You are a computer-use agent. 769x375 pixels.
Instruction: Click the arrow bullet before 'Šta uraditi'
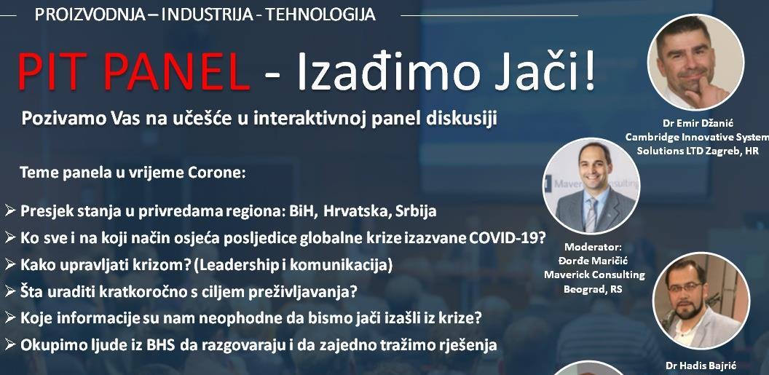click(10, 292)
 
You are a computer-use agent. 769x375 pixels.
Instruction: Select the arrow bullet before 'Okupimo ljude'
click(10, 345)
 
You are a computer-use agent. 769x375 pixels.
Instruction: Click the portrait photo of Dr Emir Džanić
click(695, 62)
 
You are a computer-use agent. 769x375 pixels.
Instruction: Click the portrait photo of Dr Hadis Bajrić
click(701, 301)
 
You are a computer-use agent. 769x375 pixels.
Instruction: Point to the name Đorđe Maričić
click(594, 261)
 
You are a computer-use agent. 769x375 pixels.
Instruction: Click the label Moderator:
click(593, 247)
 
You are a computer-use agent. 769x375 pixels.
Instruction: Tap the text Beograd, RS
click(593, 289)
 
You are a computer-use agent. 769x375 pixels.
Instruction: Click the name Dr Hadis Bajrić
click(701, 366)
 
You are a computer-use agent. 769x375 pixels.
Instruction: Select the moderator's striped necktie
click(591, 214)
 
